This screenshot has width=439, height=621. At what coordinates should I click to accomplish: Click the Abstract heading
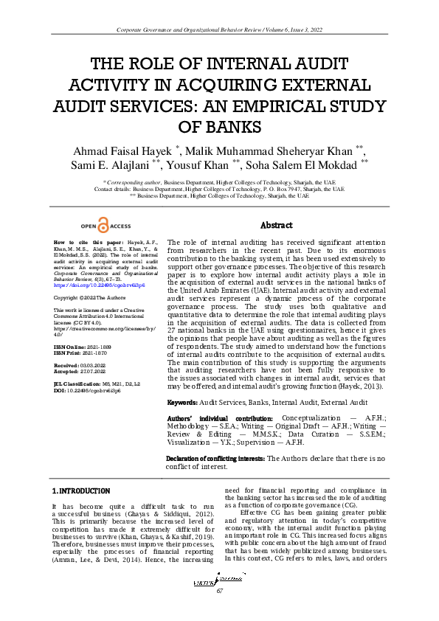tap(277, 225)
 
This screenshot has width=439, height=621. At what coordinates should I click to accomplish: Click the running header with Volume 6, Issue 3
tap(219, 29)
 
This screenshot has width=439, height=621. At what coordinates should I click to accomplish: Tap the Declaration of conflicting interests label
tap(215, 459)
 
